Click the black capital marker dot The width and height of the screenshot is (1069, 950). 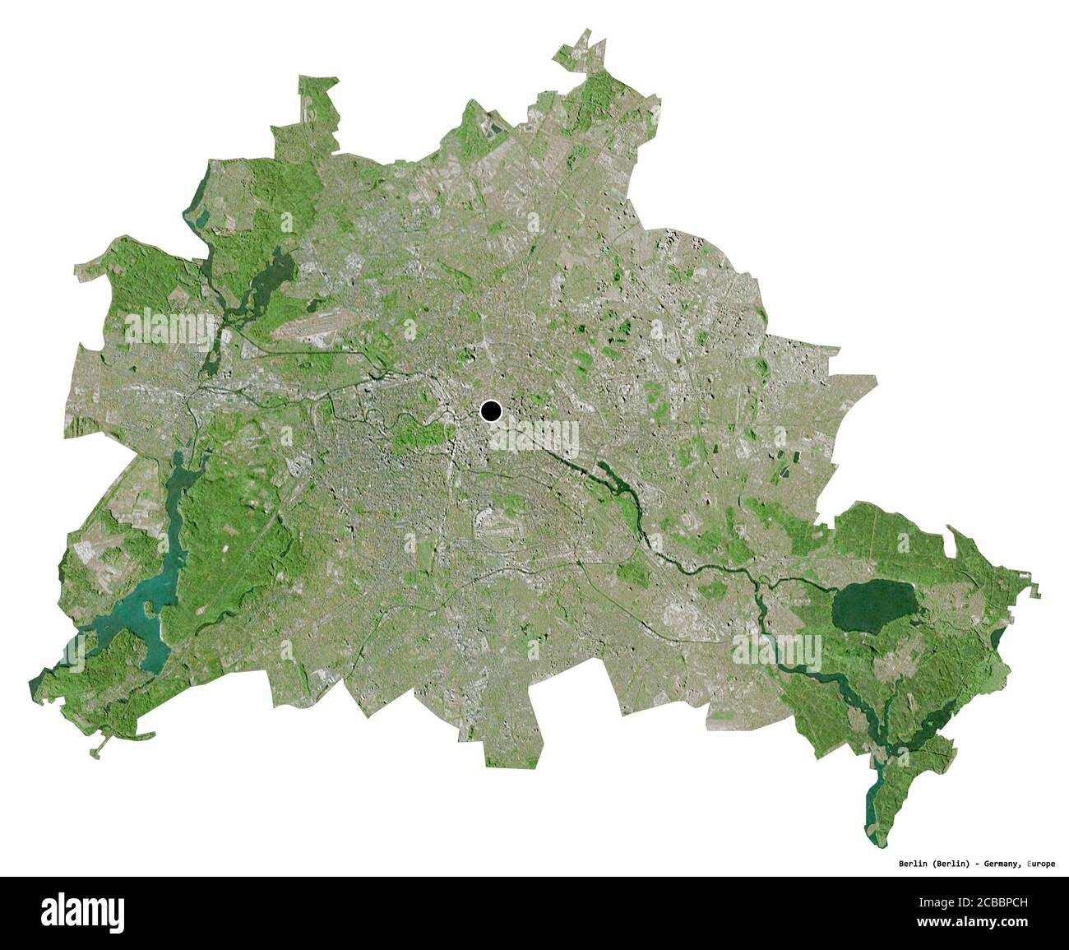tap(491, 410)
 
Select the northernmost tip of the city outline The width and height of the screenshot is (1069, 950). tap(587, 31)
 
